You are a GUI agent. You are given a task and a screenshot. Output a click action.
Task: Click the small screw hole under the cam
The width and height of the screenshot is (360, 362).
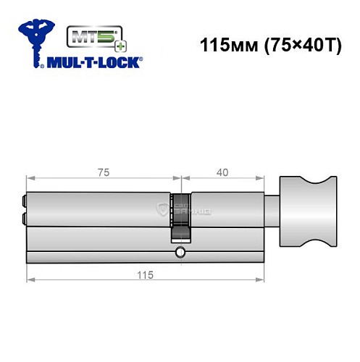pos(179,253)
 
